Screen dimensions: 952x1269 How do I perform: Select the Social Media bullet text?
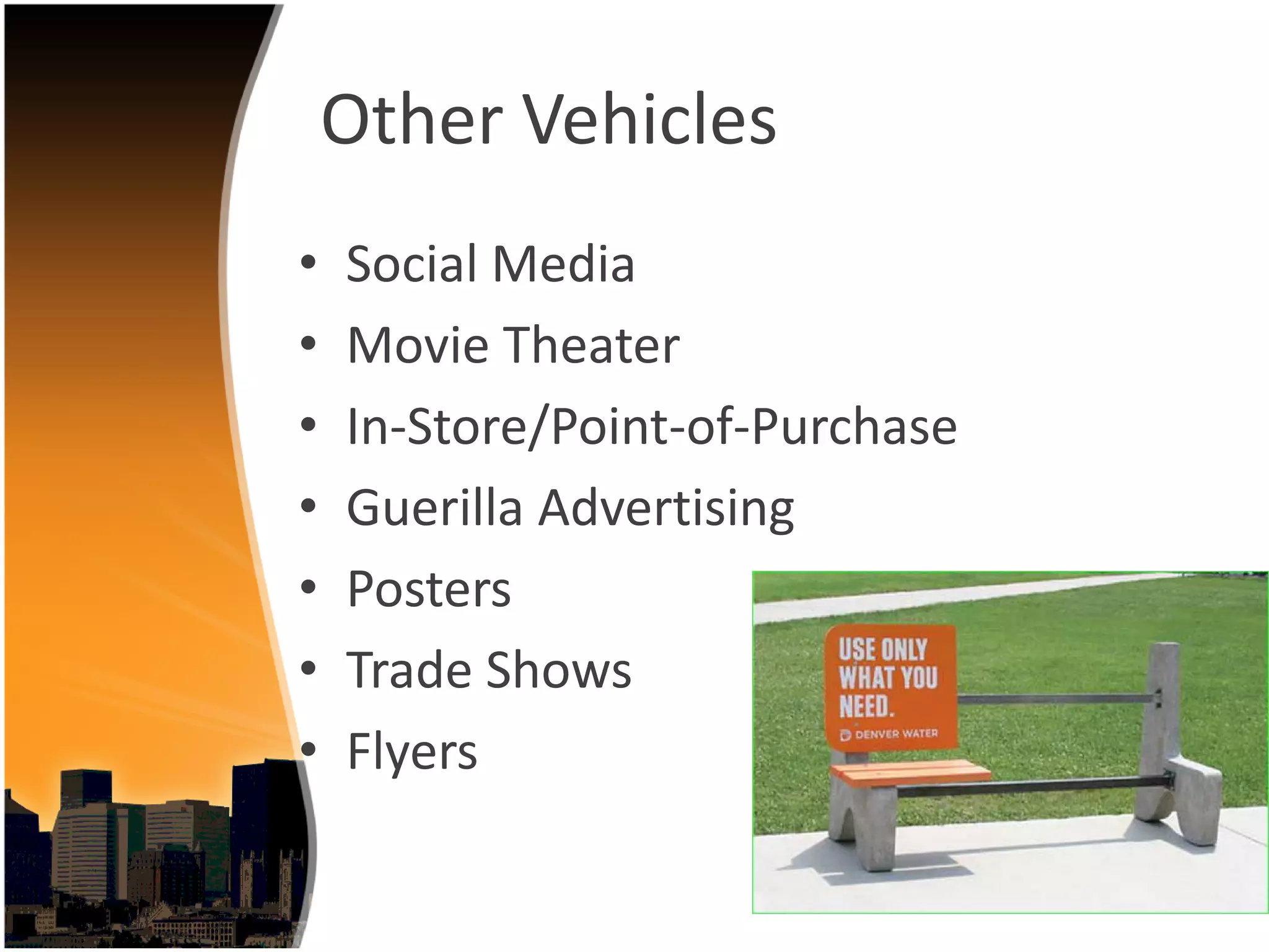click(490, 264)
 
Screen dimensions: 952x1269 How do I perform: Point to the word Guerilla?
click(434, 508)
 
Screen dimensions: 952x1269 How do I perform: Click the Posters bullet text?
click(429, 589)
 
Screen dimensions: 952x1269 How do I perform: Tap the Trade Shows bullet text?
click(489, 670)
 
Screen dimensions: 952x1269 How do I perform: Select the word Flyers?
click(412, 752)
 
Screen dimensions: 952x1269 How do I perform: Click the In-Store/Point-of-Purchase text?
click(652, 427)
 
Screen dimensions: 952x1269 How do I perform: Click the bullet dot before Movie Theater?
click(308, 343)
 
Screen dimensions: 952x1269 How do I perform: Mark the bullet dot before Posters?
click(308, 587)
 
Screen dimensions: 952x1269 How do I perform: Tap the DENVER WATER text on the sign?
click(895, 734)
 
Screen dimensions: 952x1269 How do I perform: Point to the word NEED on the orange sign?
click(866, 706)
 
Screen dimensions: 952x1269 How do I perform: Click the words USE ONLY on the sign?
click(882, 650)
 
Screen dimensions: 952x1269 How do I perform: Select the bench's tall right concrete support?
click(1165, 731)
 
